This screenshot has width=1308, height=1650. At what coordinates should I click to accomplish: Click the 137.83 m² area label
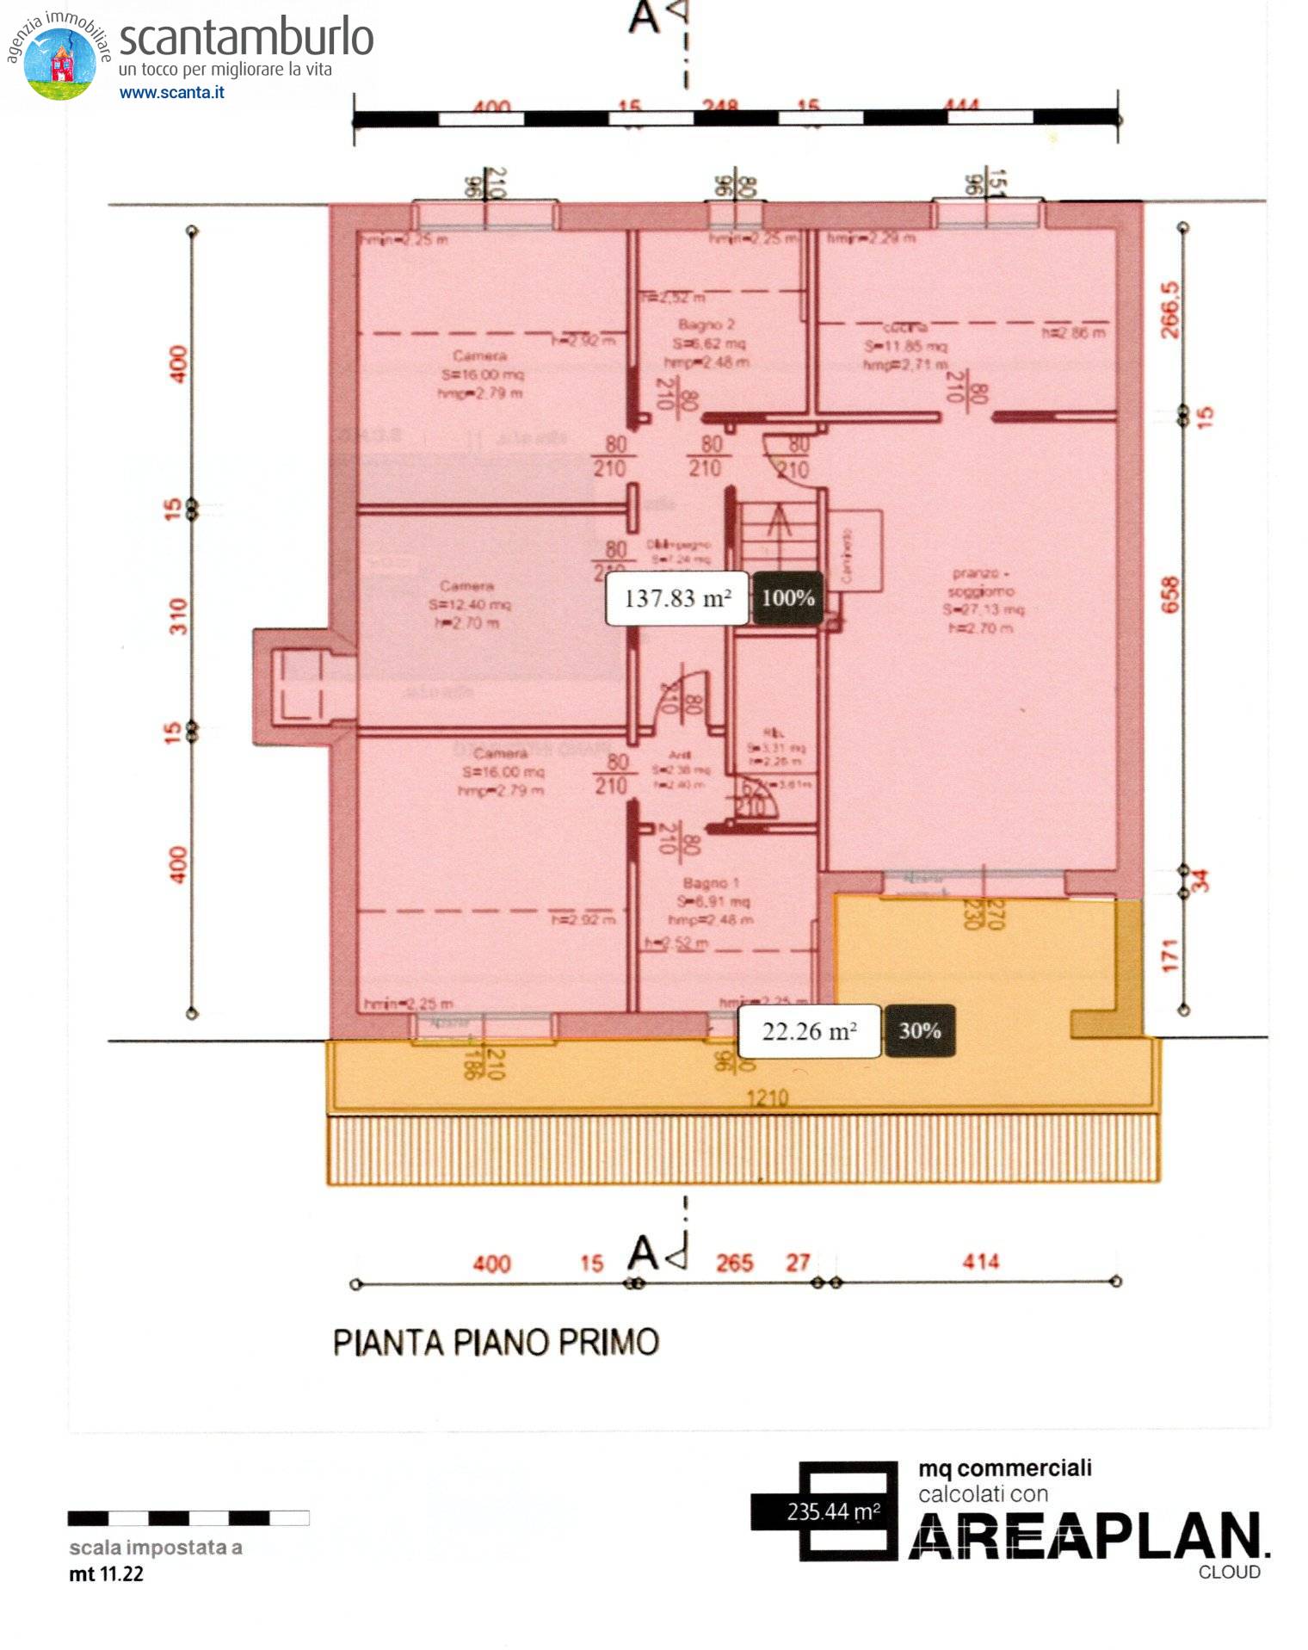(676, 597)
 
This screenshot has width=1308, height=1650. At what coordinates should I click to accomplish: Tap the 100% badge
(787, 597)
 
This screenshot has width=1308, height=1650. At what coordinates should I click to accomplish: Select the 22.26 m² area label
(809, 1030)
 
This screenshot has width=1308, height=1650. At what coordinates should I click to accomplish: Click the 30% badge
(919, 1030)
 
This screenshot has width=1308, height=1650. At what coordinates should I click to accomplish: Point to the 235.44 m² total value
(833, 1511)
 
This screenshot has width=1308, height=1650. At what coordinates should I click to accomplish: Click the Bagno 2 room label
(706, 324)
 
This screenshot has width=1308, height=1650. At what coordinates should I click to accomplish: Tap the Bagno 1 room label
(711, 883)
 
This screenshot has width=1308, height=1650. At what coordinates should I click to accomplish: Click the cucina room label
(904, 328)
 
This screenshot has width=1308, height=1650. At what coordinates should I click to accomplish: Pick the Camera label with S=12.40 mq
(466, 586)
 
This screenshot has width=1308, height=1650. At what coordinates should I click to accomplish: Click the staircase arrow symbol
(779, 522)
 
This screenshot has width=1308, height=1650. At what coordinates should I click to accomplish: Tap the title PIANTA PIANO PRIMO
(496, 1343)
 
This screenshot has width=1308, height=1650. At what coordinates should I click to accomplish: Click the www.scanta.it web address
(171, 92)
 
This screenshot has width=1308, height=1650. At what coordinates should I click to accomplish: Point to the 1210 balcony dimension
(767, 1097)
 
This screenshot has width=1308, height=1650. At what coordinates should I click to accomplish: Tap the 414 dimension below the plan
(980, 1262)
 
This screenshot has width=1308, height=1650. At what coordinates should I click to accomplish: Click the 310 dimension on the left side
(177, 616)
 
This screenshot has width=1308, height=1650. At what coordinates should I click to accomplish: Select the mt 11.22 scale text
(106, 1573)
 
